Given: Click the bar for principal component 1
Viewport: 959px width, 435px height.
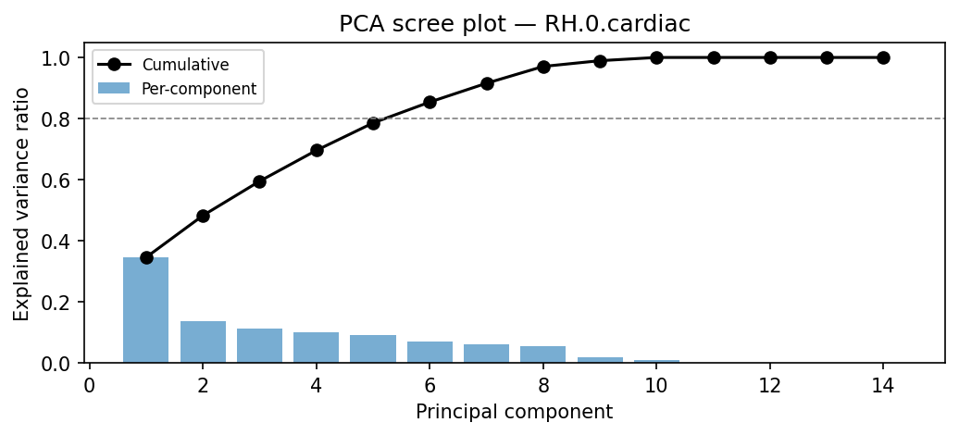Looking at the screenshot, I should pyautogui.click(x=146, y=310).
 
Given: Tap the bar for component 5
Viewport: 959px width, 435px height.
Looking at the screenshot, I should pyautogui.click(x=373, y=349).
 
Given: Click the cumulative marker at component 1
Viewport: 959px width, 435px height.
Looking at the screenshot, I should pyautogui.click(x=146, y=257).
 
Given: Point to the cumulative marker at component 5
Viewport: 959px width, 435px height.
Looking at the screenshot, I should pyautogui.click(x=373, y=123).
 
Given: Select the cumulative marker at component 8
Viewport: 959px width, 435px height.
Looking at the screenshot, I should pyautogui.click(x=543, y=67).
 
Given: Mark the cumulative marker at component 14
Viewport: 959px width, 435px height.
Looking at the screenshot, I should pyautogui.click(x=883, y=57).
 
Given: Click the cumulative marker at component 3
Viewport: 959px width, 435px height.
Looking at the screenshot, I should pyautogui.click(x=259, y=181).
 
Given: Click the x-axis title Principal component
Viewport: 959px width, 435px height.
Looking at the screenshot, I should pyautogui.click(x=514, y=412).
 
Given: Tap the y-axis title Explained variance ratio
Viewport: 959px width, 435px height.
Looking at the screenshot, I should pyautogui.click(x=21, y=204).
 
